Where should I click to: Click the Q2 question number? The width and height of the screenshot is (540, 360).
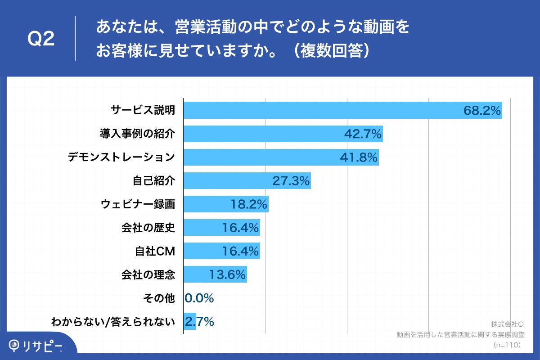(x=41, y=39)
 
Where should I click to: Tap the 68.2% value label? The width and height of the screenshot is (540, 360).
(x=482, y=111)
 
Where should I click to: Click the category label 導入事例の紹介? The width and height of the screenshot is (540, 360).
(x=137, y=134)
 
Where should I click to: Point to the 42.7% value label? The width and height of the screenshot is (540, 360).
(x=363, y=134)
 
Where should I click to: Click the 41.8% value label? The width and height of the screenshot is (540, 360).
(x=358, y=157)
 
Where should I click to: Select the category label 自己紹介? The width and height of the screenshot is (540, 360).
(x=153, y=181)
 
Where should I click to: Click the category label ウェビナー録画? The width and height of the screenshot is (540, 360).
(x=137, y=204)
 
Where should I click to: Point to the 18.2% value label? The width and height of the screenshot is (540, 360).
(x=249, y=204)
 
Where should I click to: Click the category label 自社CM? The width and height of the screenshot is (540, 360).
(x=154, y=251)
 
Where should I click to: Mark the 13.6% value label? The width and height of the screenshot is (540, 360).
(x=227, y=274)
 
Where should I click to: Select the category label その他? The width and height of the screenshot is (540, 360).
(x=158, y=298)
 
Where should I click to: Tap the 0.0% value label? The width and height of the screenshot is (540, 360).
(x=199, y=298)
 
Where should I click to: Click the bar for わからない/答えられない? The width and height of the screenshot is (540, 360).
(x=190, y=321)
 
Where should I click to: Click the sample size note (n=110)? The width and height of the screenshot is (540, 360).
(x=507, y=345)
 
